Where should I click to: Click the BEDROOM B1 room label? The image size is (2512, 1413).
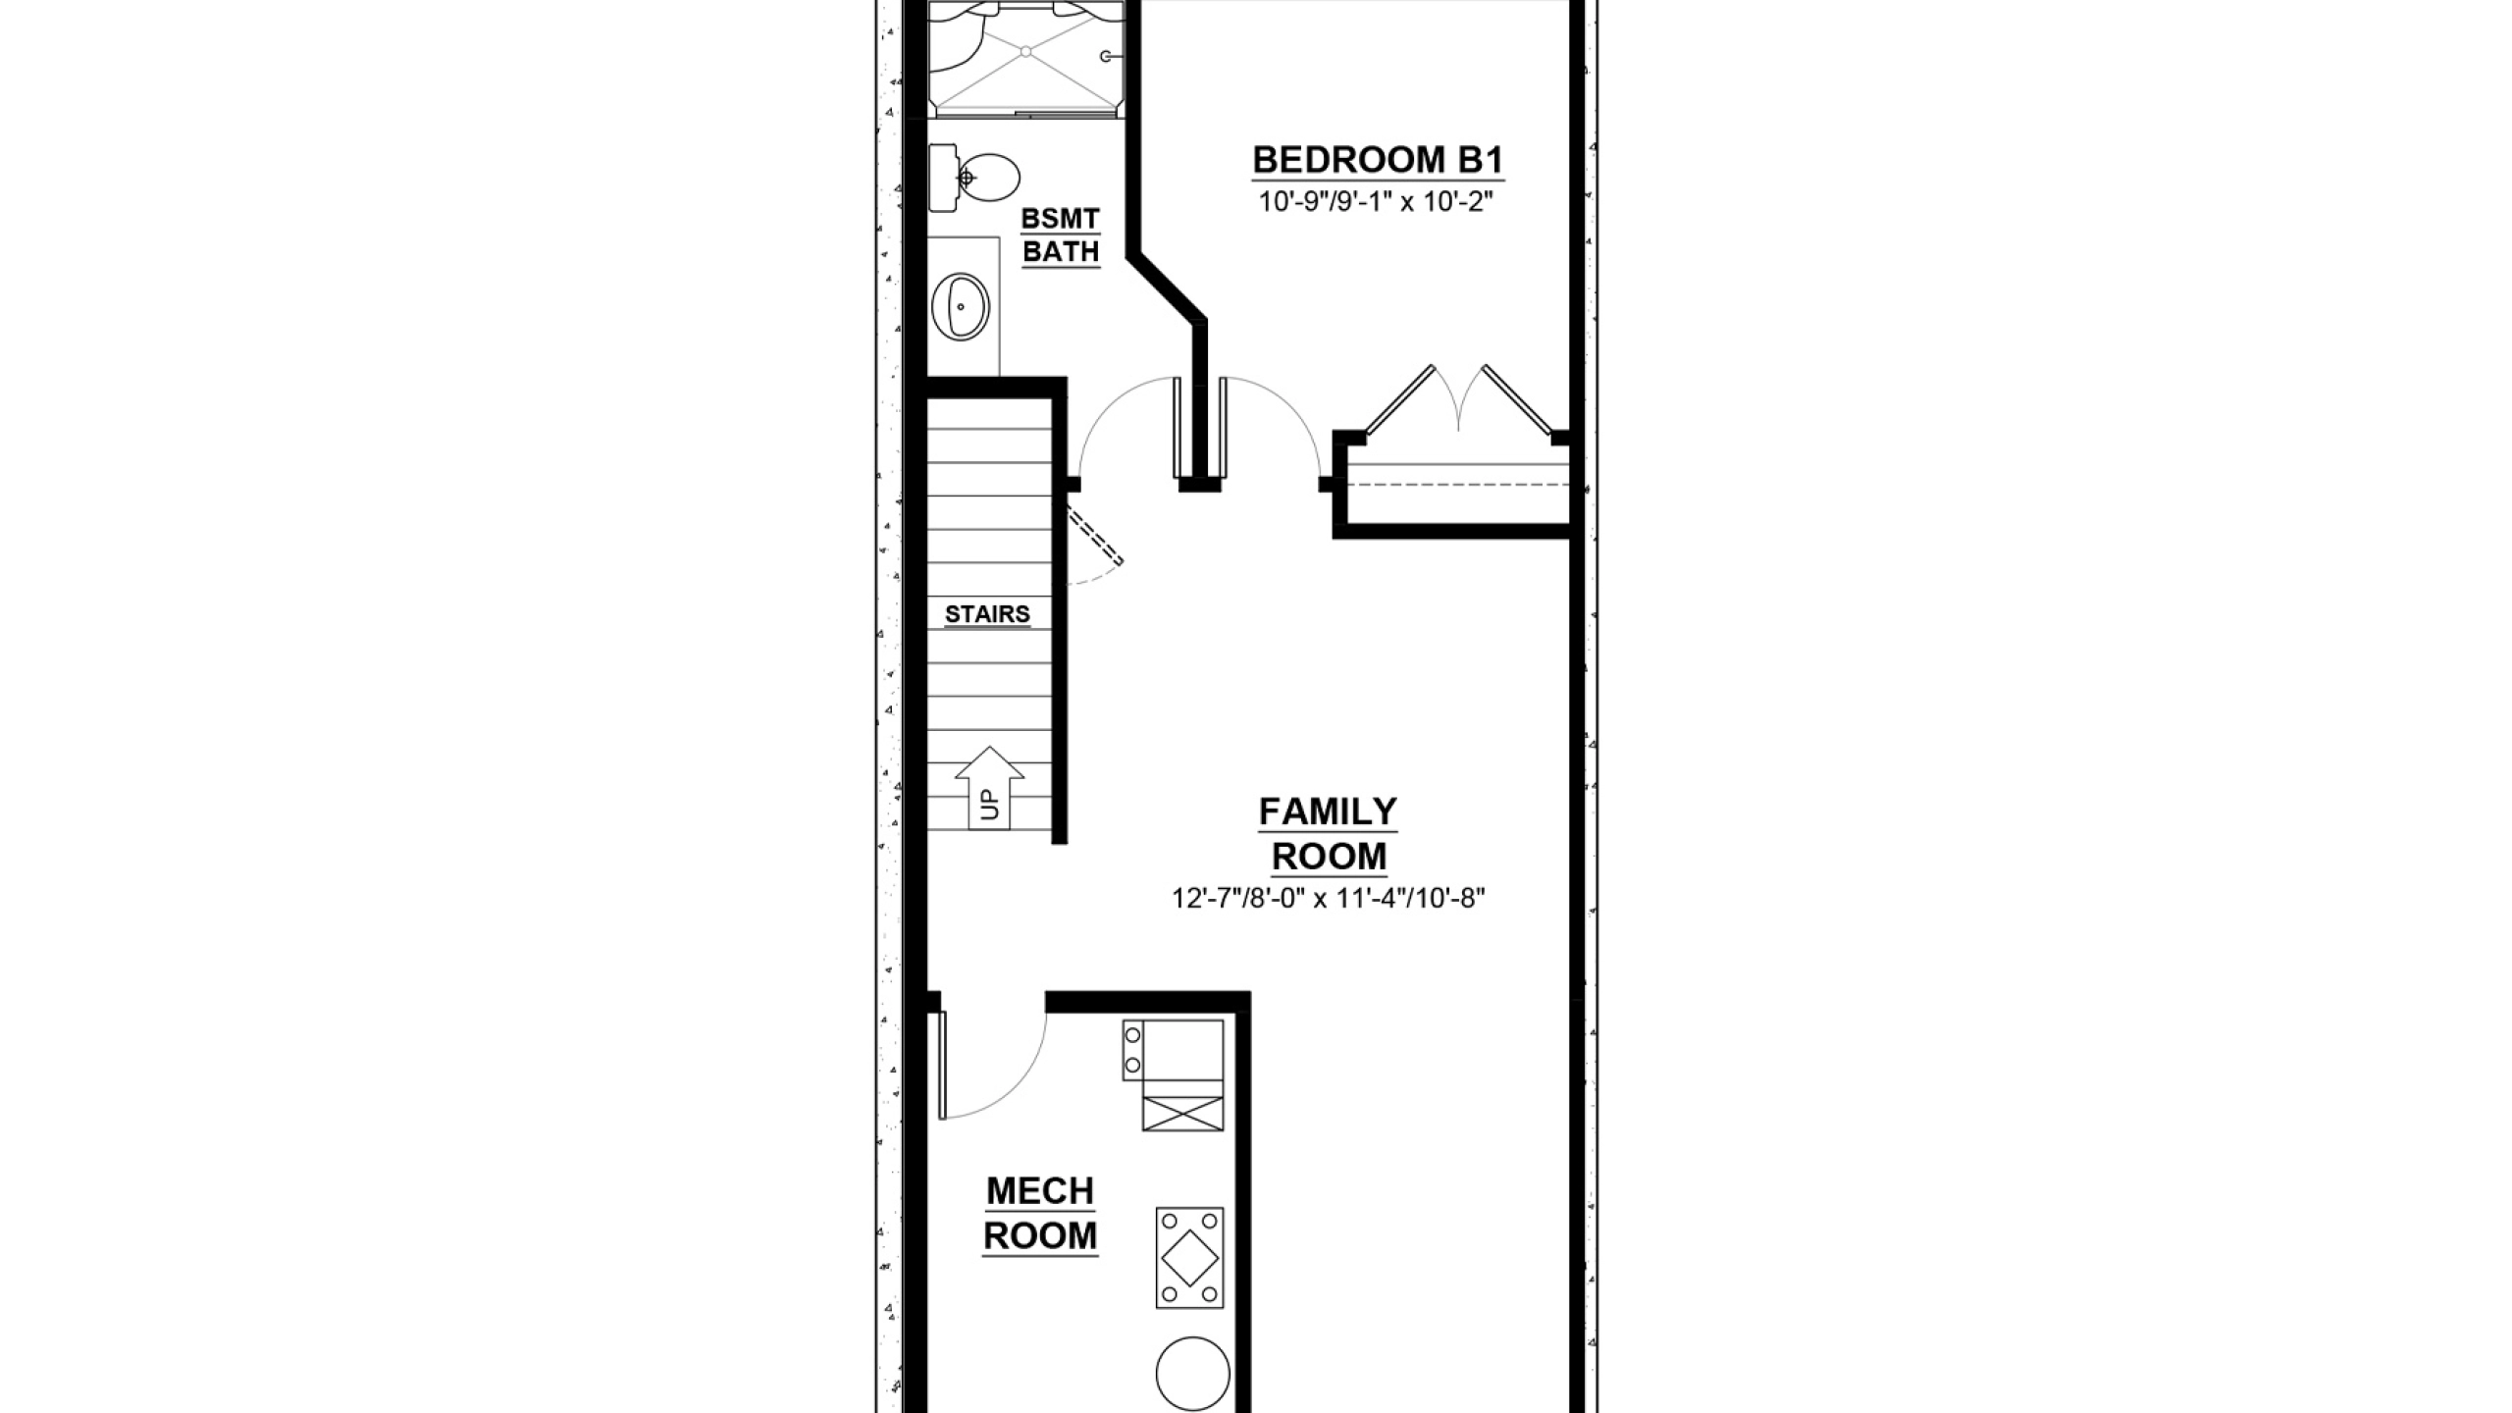[x=1379, y=159]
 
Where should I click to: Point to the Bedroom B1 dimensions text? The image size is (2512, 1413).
[x=1376, y=202]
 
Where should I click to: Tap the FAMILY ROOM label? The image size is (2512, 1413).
[x=1329, y=834]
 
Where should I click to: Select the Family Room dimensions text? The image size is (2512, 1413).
[x=1329, y=899]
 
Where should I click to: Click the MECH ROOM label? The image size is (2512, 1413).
[x=1040, y=1214]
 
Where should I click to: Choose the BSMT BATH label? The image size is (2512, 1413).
[x=1061, y=235]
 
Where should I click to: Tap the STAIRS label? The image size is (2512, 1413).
[x=987, y=614]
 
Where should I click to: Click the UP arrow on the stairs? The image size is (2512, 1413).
[x=989, y=788]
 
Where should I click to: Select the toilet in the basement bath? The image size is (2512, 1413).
[x=974, y=178]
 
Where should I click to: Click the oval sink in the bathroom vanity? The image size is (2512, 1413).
[x=960, y=307]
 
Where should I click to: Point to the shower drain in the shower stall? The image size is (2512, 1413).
[x=1025, y=50]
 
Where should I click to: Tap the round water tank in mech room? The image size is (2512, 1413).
[x=1192, y=1374]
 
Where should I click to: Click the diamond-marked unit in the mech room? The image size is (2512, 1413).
[x=1189, y=1257]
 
